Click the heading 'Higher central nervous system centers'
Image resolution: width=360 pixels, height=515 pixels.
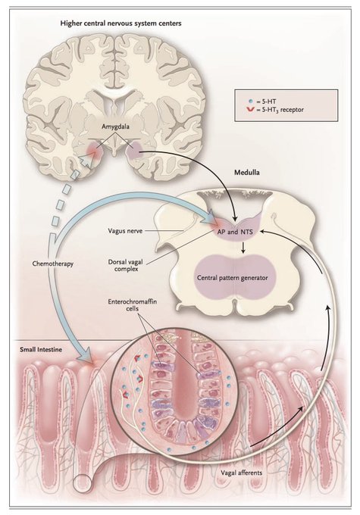pyautogui.click(x=121, y=23)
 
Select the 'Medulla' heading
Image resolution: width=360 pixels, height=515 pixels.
pyautogui.click(x=246, y=172)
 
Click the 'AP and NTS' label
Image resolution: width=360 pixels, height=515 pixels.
pyautogui.click(x=235, y=232)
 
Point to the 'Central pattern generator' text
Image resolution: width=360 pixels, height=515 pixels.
pyautogui.click(x=233, y=278)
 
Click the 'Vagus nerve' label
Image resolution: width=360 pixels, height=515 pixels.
pyautogui.click(x=125, y=231)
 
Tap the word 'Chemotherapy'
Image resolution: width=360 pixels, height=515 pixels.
pyautogui.click(x=52, y=264)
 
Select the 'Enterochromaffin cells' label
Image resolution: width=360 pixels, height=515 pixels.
pyautogui.click(x=132, y=305)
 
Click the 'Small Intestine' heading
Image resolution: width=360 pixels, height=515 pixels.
pyautogui.click(x=41, y=349)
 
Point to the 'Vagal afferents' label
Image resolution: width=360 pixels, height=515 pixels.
pyautogui.click(x=242, y=473)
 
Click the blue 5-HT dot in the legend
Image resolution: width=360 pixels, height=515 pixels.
pyautogui.click(x=251, y=101)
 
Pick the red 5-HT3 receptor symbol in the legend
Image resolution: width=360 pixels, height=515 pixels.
pyautogui.click(x=251, y=109)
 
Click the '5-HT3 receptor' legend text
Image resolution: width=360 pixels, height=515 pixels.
pyautogui.click(x=283, y=110)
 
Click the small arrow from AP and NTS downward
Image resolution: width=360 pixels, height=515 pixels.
pyautogui.click(x=243, y=248)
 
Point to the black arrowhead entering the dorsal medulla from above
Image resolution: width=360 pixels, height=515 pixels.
pyautogui.click(x=235, y=218)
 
